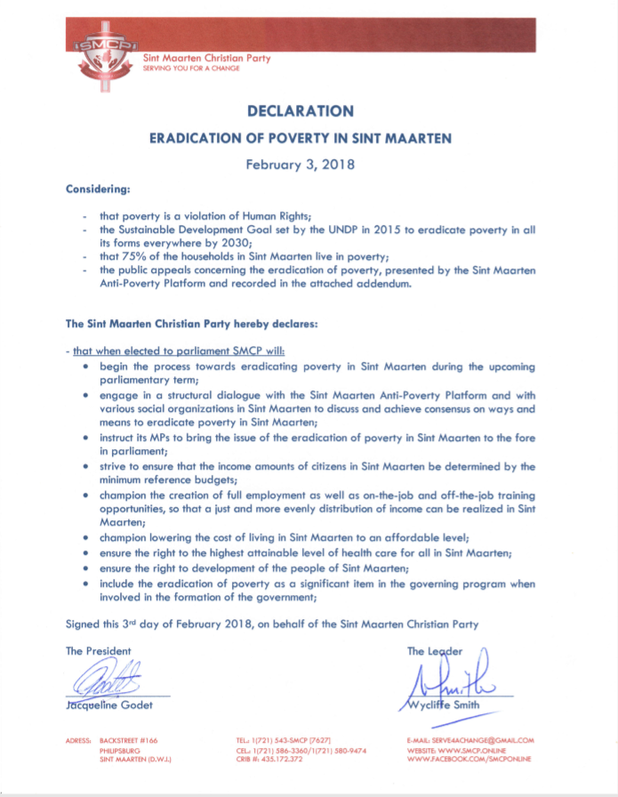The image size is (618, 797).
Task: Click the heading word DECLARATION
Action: tap(300, 111)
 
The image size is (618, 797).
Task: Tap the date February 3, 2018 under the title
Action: tap(300, 165)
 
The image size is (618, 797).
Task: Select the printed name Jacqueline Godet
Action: tap(109, 705)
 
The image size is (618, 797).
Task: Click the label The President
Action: tap(98, 651)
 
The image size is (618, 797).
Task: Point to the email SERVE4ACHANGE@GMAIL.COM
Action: tap(470, 740)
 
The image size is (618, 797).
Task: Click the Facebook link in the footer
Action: tap(469, 760)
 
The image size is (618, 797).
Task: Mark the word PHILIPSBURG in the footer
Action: tap(122, 750)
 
